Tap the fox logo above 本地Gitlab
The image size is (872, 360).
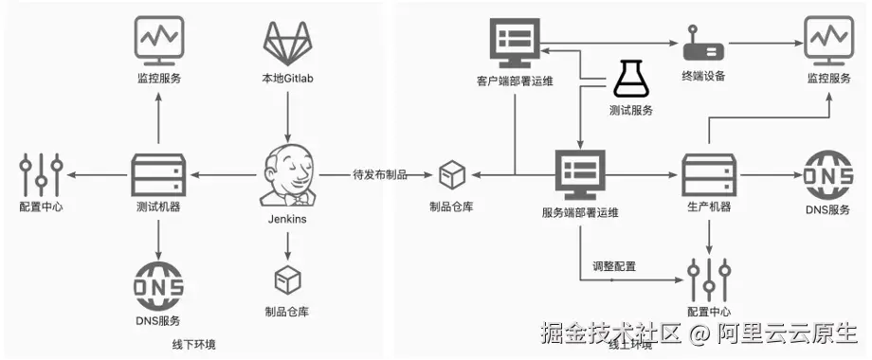click(x=287, y=43)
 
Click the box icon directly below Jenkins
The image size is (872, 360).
click(x=286, y=279)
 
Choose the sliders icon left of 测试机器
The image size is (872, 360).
click(x=41, y=174)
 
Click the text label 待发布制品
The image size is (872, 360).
click(x=379, y=174)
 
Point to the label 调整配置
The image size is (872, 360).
click(x=613, y=266)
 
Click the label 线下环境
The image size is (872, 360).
click(x=192, y=344)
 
